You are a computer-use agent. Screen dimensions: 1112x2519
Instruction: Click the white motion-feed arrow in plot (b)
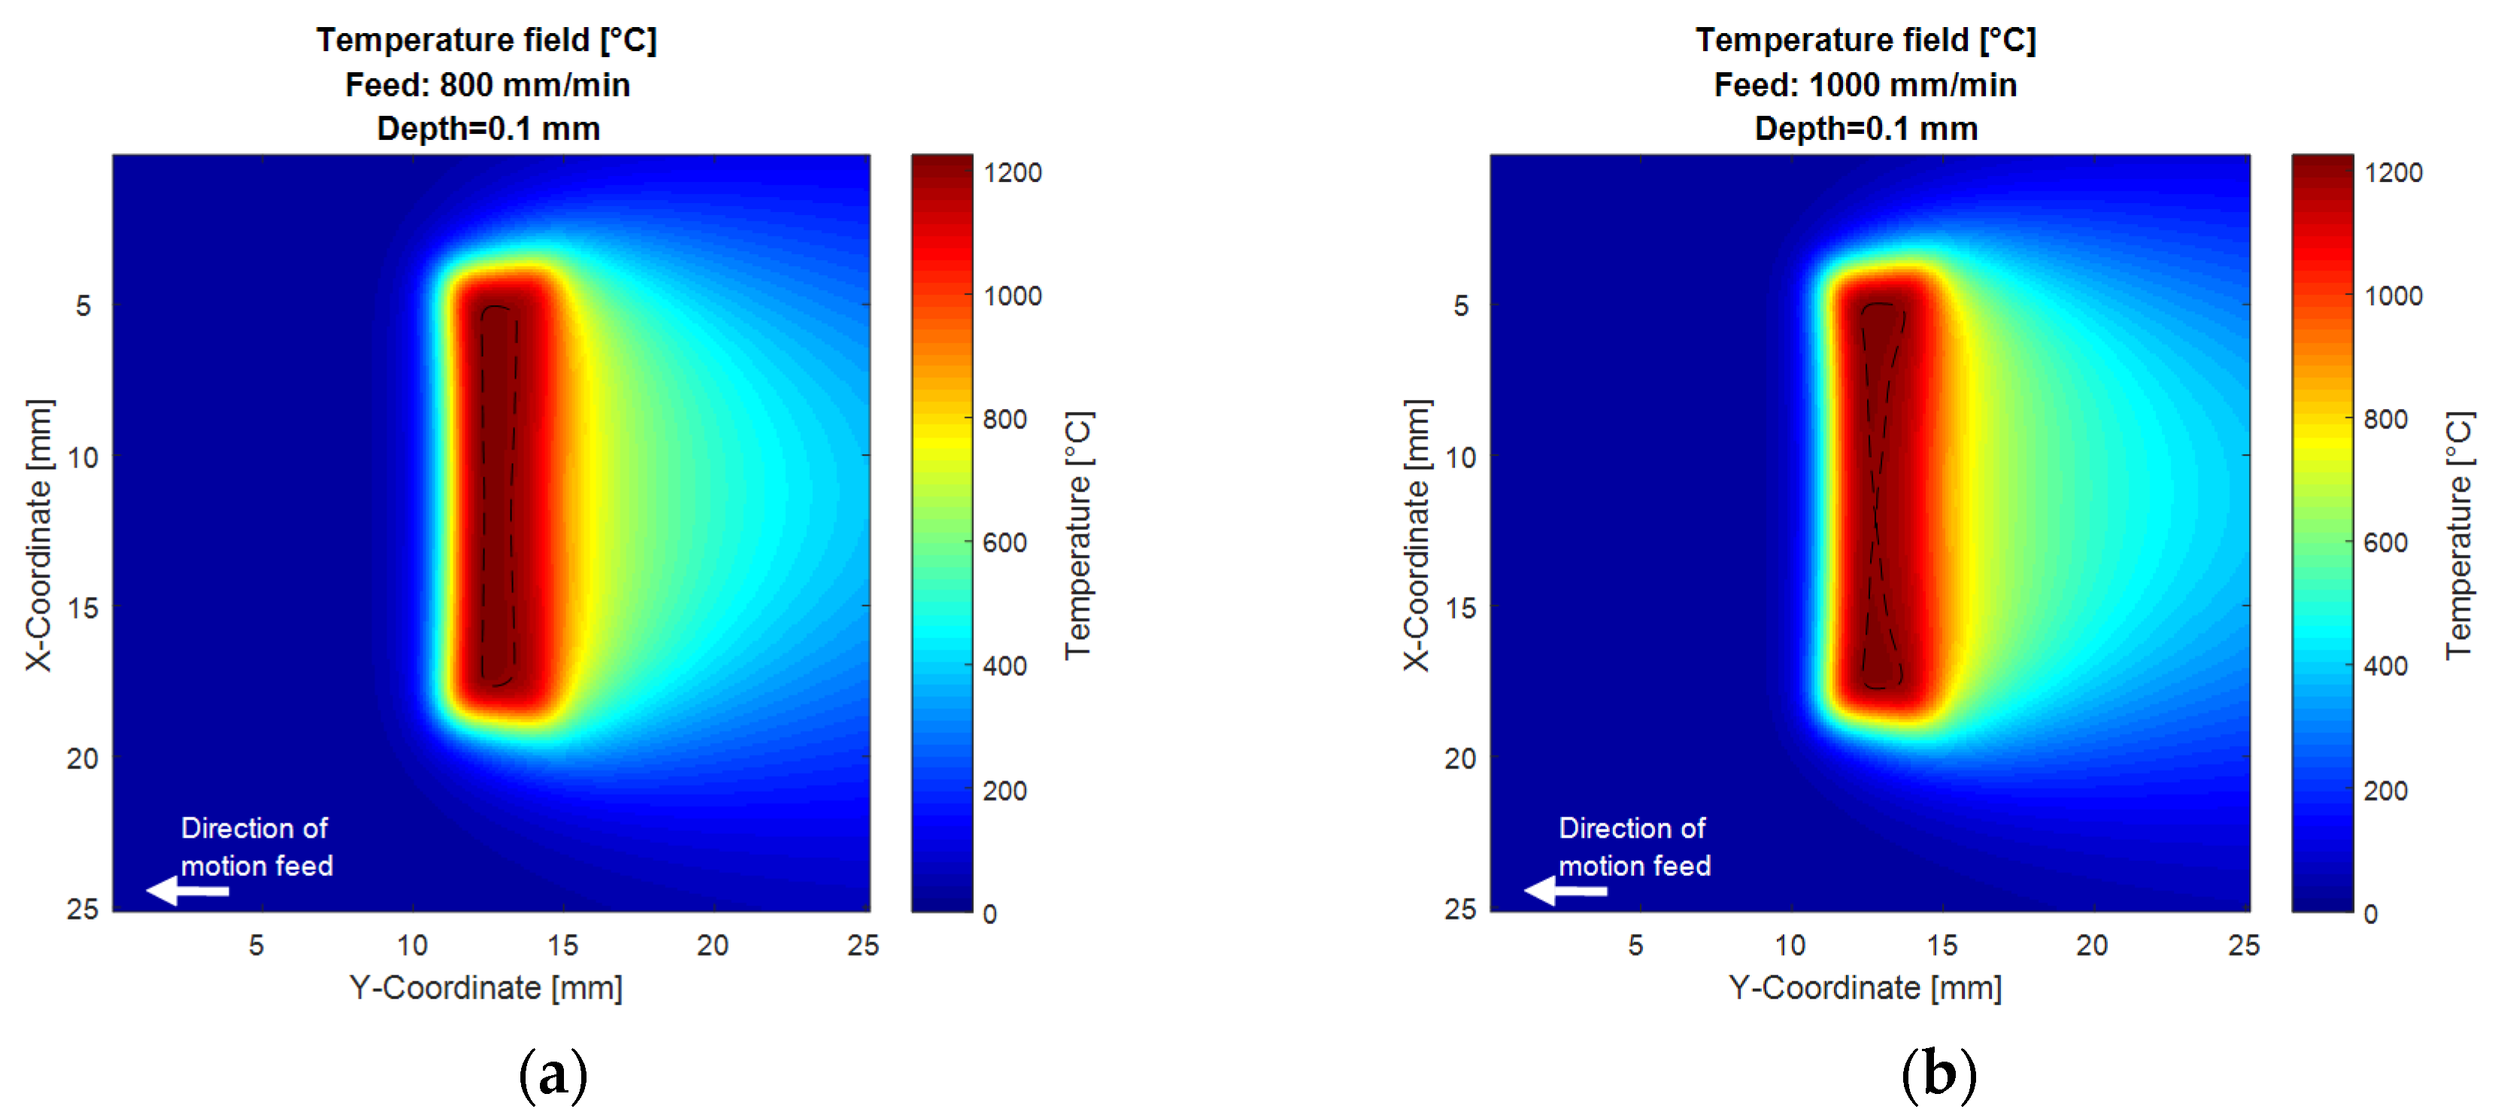pyautogui.click(x=1565, y=891)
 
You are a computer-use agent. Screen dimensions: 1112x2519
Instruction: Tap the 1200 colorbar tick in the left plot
pyautogui.click(x=1012, y=173)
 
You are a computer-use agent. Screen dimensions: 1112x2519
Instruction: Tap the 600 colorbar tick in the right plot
pyautogui.click(x=2384, y=543)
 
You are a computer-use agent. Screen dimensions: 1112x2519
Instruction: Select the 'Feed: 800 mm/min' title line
pyautogui.click(x=487, y=85)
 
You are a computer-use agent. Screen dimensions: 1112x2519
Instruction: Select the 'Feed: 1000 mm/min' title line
pyautogui.click(x=1865, y=85)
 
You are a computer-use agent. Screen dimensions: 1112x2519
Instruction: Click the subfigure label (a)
pyautogui.click(x=553, y=1074)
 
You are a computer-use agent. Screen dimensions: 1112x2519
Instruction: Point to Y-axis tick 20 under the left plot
pyautogui.click(x=712, y=945)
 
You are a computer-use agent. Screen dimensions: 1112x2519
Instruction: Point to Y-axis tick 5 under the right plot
pyautogui.click(x=1635, y=945)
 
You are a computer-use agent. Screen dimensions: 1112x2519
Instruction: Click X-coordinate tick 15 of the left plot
pyautogui.click(x=83, y=608)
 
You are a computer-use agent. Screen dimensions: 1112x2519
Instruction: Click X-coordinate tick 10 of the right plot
pyautogui.click(x=1460, y=456)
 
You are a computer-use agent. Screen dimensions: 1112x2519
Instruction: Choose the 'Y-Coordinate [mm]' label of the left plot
pyautogui.click(x=486, y=988)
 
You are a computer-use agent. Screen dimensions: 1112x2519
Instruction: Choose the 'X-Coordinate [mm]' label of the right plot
pyautogui.click(x=1417, y=535)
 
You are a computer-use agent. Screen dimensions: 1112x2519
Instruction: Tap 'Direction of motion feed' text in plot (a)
pyautogui.click(x=256, y=847)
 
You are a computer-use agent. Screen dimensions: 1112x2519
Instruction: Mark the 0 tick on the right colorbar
pyautogui.click(x=2370, y=914)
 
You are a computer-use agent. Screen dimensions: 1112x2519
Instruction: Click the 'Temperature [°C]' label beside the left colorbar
pyautogui.click(x=1078, y=535)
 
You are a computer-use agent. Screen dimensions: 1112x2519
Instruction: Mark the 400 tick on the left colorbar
pyautogui.click(x=1005, y=666)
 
